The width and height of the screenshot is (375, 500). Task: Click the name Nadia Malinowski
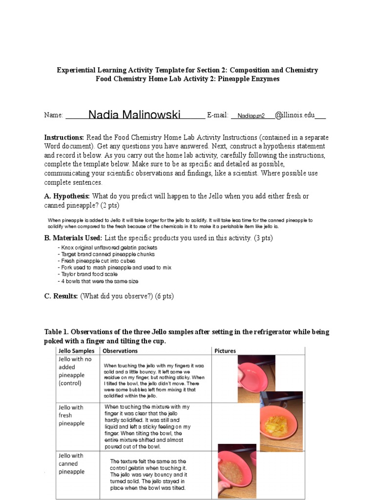click(x=134, y=115)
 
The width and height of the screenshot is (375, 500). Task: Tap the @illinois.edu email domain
click(x=295, y=115)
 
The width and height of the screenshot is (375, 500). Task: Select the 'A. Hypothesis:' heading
click(x=67, y=196)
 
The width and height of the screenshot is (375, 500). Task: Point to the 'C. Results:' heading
click(x=61, y=296)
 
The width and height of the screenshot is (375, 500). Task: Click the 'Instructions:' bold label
click(x=64, y=138)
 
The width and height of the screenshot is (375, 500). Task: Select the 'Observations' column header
click(x=120, y=351)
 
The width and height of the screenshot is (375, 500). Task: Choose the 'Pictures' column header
click(x=225, y=351)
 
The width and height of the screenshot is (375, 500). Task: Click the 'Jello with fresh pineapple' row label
click(x=71, y=416)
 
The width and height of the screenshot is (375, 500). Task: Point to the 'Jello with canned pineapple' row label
click(x=71, y=463)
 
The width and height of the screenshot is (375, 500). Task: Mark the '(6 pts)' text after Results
click(x=164, y=296)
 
